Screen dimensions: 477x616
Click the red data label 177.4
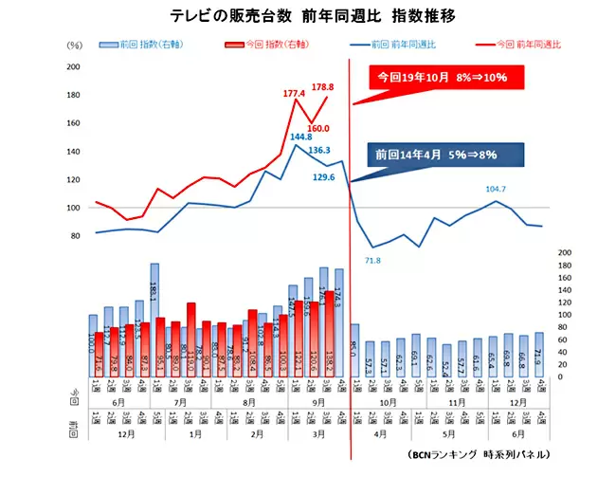point(295,93)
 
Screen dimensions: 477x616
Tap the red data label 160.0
point(318,128)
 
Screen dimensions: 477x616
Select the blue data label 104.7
point(497,189)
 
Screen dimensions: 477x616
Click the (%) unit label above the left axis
point(75,45)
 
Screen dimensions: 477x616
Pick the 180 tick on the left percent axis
point(74,95)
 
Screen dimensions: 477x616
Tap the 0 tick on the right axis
point(564,376)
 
